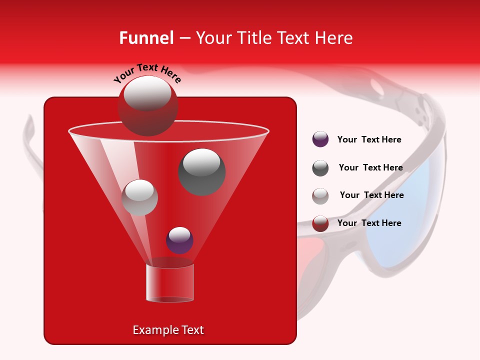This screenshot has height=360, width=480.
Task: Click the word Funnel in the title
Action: point(146,38)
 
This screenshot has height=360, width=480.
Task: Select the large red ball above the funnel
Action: point(148,106)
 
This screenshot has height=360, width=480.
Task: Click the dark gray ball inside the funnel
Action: point(202,171)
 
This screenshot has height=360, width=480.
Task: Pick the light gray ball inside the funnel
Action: point(140,197)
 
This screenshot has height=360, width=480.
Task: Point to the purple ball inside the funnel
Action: point(180,240)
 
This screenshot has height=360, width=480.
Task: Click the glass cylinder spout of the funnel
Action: point(170,283)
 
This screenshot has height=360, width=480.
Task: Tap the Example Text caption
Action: point(168,330)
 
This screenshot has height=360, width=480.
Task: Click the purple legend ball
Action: point(320,139)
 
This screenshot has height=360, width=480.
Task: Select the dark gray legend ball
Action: point(320,168)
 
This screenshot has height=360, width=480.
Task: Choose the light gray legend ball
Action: point(320,195)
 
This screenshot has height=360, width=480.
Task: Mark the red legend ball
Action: point(320,223)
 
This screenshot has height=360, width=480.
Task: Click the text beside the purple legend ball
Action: point(369,139)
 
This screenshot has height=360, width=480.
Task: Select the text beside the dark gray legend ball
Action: point(370,167)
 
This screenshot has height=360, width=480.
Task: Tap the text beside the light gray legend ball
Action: point(371,195)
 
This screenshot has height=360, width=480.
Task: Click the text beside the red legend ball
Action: point(369,223)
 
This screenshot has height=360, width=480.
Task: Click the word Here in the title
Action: point(334,38)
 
